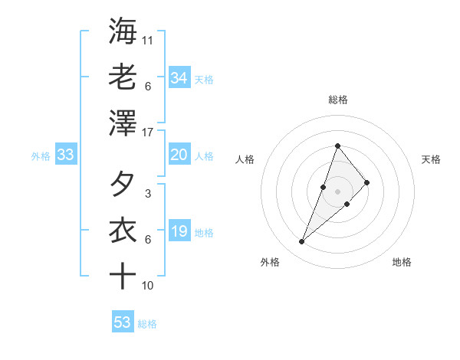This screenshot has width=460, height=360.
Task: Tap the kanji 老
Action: point(123,77)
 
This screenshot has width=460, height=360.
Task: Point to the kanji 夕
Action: point(123,185)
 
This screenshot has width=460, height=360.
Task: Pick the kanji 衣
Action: point(123,231)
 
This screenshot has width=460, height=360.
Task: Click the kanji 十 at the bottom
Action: point(123,276)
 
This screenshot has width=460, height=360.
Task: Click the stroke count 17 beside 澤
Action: point(148,133)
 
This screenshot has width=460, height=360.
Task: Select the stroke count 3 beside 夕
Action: point(147,194)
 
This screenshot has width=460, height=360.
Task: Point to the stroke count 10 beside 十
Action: point(148,286)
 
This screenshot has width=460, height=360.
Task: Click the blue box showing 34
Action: point(179,78)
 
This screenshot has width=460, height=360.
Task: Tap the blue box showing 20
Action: point(179,155)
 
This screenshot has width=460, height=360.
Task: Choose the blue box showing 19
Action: point(179,232)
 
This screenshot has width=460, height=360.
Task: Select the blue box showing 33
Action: point(65,155)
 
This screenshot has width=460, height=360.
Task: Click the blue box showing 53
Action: point(122,322)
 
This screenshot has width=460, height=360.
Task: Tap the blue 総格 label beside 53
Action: point(147,324)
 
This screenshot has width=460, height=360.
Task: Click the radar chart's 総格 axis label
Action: point(338,100)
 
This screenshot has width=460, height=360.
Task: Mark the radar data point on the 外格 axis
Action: point(302,242)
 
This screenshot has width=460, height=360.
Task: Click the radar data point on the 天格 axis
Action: point(367,182)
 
